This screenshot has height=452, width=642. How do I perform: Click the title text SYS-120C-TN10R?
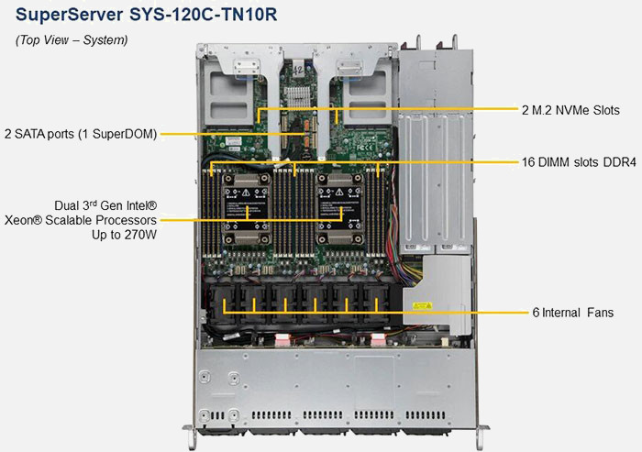point(203,15)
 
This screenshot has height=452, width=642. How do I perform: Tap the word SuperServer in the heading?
point(69,15)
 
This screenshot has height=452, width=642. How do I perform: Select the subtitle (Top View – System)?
point(72,40)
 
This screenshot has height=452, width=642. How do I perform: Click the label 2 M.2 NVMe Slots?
point(570,110)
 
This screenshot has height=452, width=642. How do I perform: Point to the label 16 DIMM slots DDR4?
point(579,162)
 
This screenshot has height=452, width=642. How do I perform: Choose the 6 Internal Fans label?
point(573,313)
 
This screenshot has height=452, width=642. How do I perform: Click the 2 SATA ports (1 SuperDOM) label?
point(81,134)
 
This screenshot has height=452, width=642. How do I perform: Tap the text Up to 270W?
point(124,235)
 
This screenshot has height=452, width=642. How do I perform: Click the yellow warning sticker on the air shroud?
point(422,306)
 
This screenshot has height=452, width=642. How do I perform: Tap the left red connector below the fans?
point(282,340)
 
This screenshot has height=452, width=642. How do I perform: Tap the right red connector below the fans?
point(378,340)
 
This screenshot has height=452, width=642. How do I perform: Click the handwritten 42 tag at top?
point(298,70)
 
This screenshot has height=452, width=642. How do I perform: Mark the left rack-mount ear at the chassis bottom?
point(190,436)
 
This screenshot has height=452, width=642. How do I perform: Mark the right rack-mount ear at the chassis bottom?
point(482,436)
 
